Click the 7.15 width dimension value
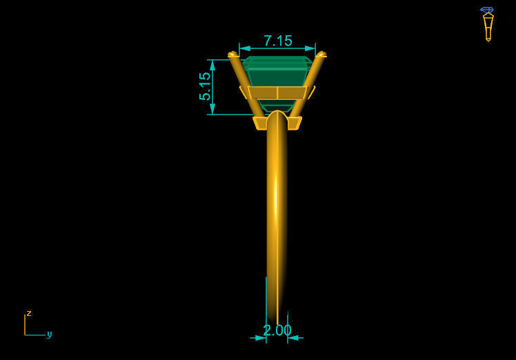pyautogui.click(x=277, y=41)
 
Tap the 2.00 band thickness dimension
pyautogui.click(x=277, y=330)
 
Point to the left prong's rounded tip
pyautogui.click(x=232, y=54)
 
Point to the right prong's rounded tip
pyautogui.click(x=321, y=54)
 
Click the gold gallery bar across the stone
pyautogui.click(x=277, y=92)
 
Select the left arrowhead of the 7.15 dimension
pyautogui.click(x=243, y=48)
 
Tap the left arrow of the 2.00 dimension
pyautogui.click(x=261, y=338)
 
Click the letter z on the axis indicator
pyautogui.click(x=29, y=313)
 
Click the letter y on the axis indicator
pyautogui.click(x=49, y=334)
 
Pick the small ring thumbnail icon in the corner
pyautogui.click(x=488, y=23)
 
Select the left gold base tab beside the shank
pyautogui.click(x=260, y=123)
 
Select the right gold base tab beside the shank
pyautogui.click(x=295, y=123)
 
